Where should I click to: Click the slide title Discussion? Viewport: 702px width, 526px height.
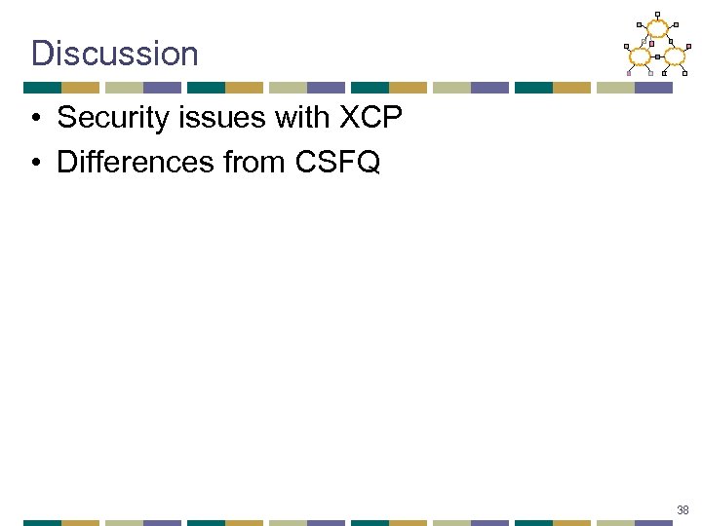pos(114,53)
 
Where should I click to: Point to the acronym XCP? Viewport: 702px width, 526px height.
pos(370,119)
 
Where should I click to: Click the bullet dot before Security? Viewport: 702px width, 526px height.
pos(34,120)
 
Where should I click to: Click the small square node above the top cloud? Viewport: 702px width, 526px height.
pos(658,15)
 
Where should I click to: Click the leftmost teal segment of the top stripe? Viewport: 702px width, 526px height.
pos(42,88)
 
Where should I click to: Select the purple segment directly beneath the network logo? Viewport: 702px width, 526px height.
pos(653,88)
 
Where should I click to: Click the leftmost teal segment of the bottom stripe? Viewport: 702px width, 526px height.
pos(42,523)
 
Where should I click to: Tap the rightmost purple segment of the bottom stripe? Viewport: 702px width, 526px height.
pos(653,523)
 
